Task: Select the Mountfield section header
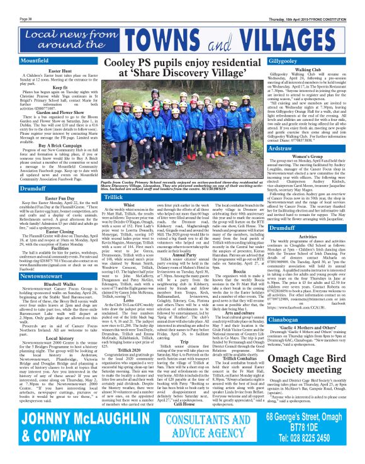20,62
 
